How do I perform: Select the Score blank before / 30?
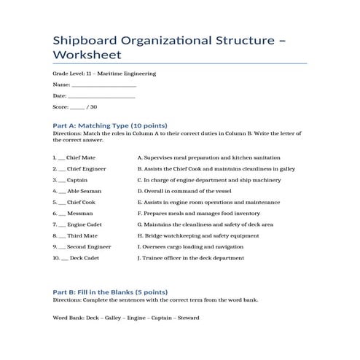pyautogui.click(x=77, y=107)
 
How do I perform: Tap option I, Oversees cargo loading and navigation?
pyautogui.click(x=190, y=247)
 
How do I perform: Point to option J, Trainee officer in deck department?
pyautogui.click(x=189, y=258)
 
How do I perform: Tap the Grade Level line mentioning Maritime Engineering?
pyautogui.click(x=104, y=74)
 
